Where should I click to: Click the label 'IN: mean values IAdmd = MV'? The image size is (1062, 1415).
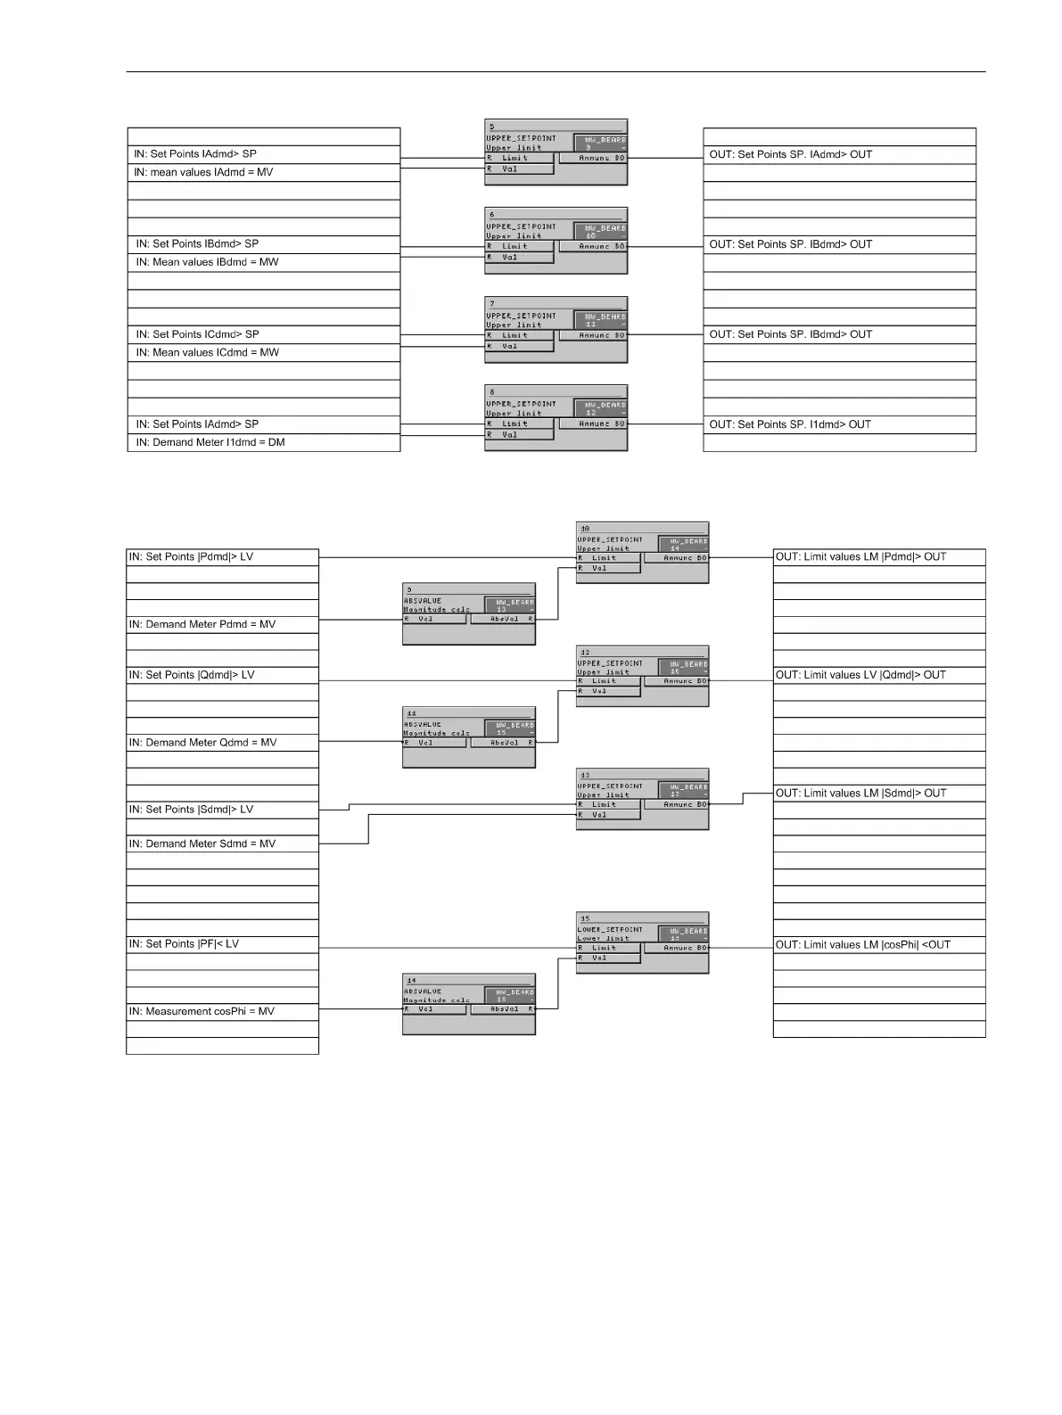pyautogui.click(x=203, y=172)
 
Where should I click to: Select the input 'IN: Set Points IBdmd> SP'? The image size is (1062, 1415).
pyautogui.click(x=197, y=243)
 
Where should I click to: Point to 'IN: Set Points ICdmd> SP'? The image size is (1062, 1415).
pyautogui.click(x=197, y=334)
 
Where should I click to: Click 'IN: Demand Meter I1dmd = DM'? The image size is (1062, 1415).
pyautogui.click(x=210, y=442)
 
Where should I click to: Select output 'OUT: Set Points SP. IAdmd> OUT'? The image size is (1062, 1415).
pyautogui.click(x=790, y=154)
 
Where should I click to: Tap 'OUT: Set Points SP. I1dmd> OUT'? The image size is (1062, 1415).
pyautogui.click(x=790, y=424)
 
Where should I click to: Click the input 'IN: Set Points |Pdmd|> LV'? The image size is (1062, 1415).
pyautogui.click(x=191, y=556)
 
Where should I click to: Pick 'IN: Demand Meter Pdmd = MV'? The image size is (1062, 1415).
pyautogui.click(x=202, y=624)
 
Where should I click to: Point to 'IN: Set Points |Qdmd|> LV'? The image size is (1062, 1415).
pyautogui.click(x=192, y=675)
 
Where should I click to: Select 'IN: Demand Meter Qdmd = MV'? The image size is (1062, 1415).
pyautogui.click(x=202, y=743)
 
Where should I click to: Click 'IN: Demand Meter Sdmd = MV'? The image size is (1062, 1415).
pyautogui.click(x=202, y=843)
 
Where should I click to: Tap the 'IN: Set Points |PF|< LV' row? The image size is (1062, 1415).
pyautogui.click(x=184, y=943)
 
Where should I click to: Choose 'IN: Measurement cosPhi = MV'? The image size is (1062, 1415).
pyautogui.click(x=202, y=1011)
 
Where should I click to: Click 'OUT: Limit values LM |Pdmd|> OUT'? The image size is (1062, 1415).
pyautogui.click(x=860, y=556)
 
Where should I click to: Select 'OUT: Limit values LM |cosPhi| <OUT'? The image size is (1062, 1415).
pyautogui.click(x=862, y=944)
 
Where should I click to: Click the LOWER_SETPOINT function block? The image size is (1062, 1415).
pyautogui.click(x=642, y=942)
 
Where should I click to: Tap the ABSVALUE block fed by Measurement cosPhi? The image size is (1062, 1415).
pyautogui.click(x=469, y=1004)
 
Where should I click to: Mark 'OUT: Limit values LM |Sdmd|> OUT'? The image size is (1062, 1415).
pyautogui.click(x=860, y=793)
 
